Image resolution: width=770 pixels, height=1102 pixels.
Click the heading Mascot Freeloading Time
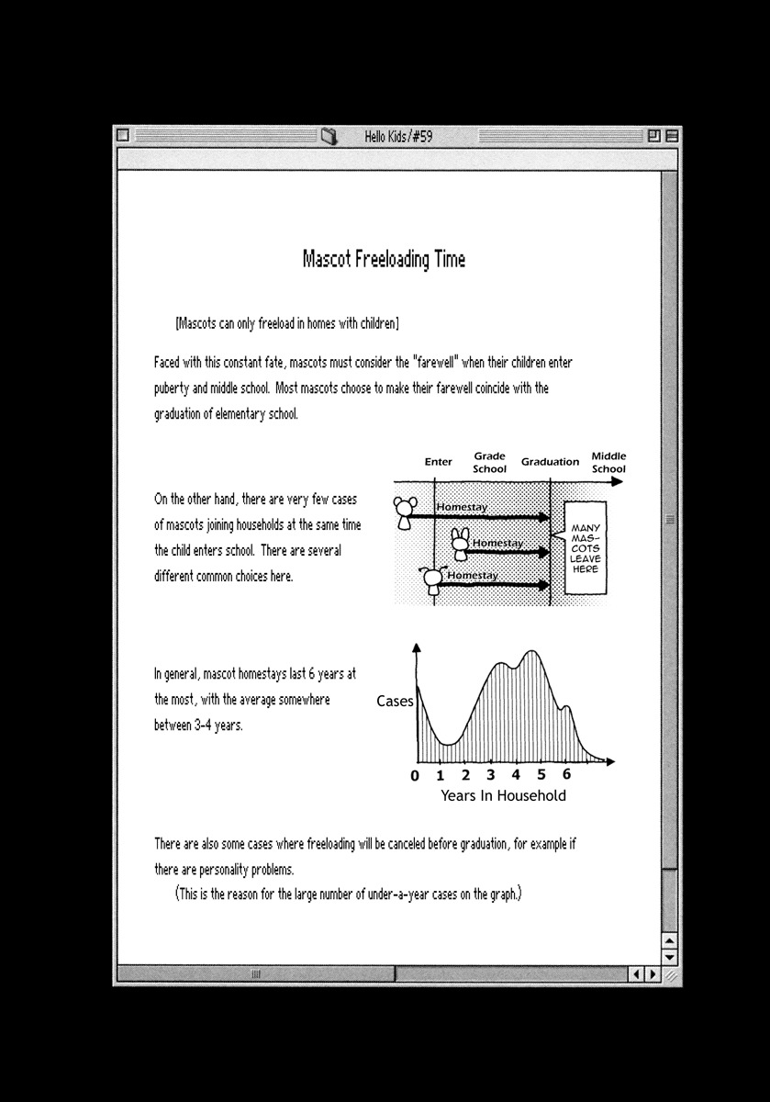384,260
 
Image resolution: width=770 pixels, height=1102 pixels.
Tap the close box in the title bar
123,136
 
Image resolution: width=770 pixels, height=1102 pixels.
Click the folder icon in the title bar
329,137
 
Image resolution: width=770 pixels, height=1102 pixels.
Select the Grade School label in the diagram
489,462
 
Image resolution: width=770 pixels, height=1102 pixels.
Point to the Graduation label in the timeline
550,462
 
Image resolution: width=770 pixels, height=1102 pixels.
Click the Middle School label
608,462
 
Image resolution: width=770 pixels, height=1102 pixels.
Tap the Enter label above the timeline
438,462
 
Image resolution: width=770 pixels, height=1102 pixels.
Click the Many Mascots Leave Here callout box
585,548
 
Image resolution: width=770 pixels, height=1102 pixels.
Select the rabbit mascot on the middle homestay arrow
460,545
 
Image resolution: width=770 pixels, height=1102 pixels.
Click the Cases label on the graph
395,702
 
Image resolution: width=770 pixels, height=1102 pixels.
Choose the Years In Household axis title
503,795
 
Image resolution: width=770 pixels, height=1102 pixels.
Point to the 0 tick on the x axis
415,776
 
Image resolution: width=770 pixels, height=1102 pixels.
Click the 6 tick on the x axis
566,775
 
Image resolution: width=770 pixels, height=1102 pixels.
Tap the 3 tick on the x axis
491,775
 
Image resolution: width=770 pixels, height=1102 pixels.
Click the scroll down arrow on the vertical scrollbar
669,956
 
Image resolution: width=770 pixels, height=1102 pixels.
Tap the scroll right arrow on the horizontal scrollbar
652,974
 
